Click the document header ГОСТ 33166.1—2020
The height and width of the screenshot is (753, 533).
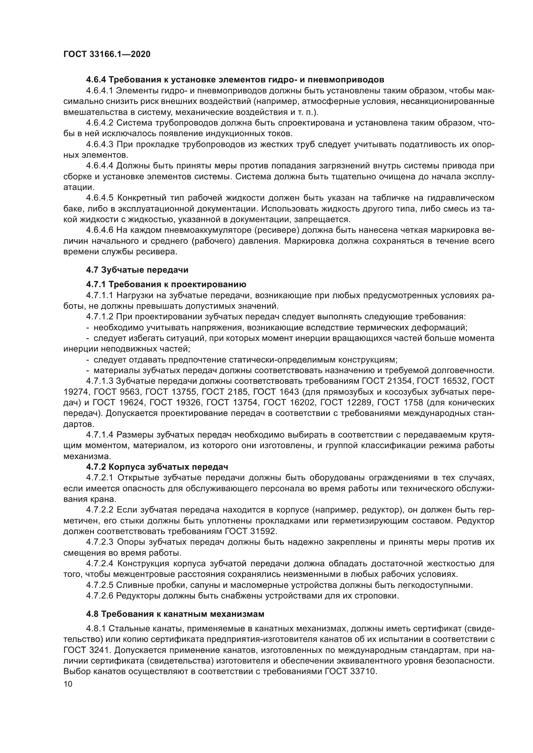click(107, 54)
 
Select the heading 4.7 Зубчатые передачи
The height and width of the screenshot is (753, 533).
click(137, 270)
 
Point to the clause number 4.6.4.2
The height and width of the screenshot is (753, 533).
click(100, 123)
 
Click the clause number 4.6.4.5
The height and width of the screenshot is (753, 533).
click(100, 198)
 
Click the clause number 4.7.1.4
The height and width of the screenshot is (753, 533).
click(100, 435)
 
